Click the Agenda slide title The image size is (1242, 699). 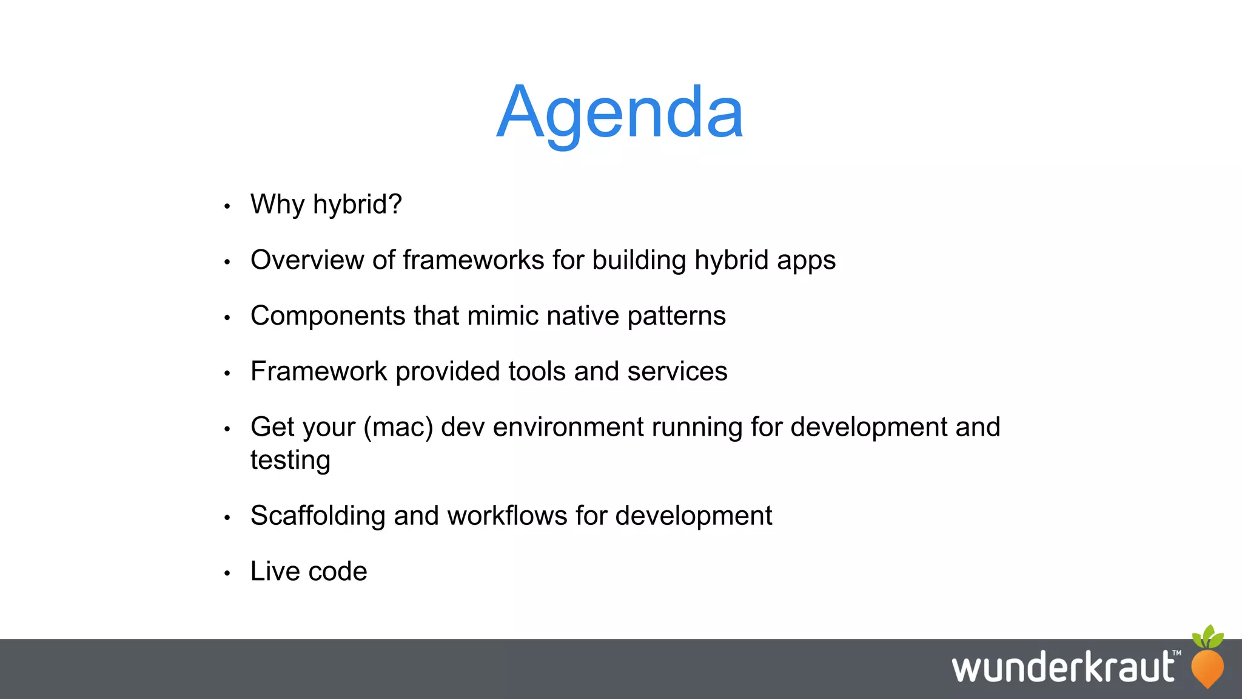pos(620,113)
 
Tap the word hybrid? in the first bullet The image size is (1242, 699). pos(357,204)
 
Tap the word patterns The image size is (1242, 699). pos(676,316)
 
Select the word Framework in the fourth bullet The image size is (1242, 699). pos(318,371)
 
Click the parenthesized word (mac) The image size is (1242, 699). pos(398,427)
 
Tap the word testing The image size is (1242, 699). pos(290,461)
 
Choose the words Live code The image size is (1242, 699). pos(309,572)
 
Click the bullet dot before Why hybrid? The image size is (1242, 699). pos(227,206)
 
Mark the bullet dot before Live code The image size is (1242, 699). pos(227,573)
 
